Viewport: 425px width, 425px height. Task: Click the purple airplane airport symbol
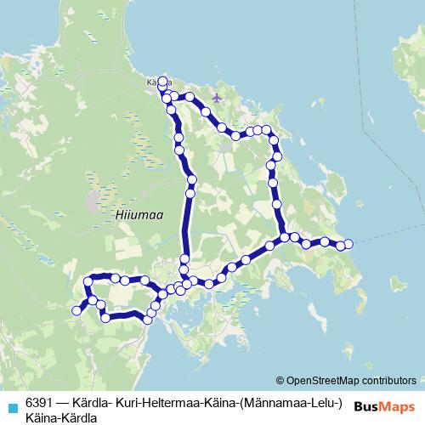pyautogui.click(x=217, y=97)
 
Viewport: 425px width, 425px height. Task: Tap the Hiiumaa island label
pyautogui.click(x=131, y=216)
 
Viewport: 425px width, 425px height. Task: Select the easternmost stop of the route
pyautogui.click(x=348, y=245)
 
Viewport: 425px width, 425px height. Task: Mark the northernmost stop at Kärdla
pyautogui.click(x=162, y=81)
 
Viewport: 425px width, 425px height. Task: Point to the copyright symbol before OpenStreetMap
pyautogui.click(x=280, y=380)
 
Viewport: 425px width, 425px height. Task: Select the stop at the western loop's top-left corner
pyautogui.click(x=88, y=280)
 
